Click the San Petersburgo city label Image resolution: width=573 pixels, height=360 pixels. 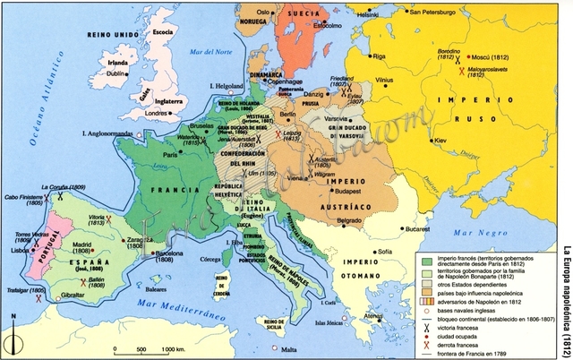coord(438,13)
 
